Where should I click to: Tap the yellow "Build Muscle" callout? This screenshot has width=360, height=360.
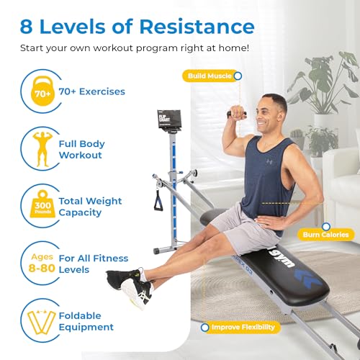210,75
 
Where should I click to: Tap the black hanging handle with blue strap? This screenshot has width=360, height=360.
158,199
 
